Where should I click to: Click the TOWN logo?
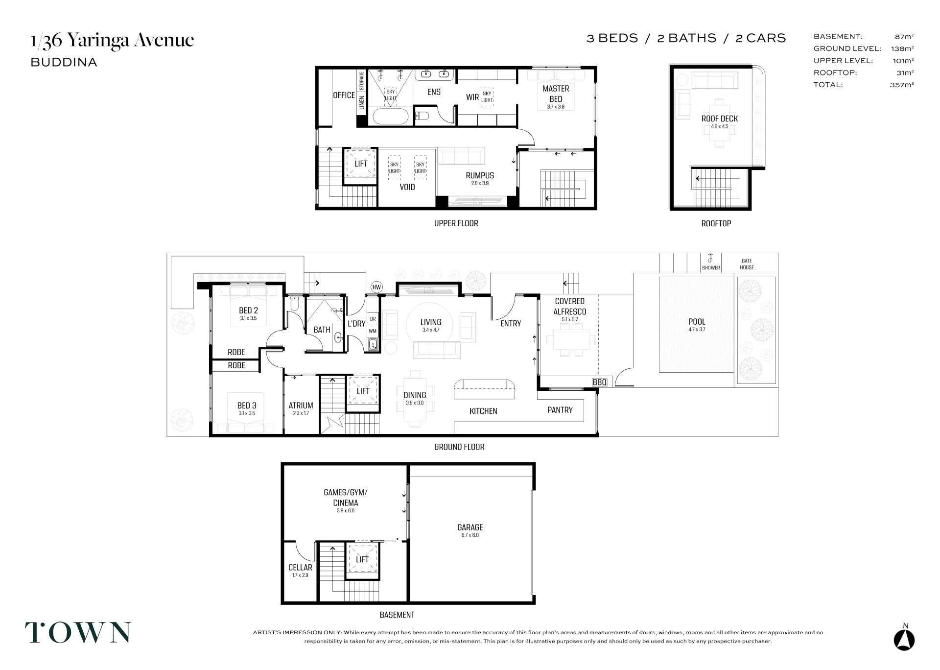click(78, 632)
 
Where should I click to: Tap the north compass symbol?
click(904, 638)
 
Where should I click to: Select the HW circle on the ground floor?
click(376, 287)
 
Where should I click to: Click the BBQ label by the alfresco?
click(599, 382)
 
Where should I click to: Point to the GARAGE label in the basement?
click(470, 527)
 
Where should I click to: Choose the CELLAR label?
click(300, 568)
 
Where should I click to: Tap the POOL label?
click(697, 322)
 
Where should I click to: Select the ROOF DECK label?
click(719, 119)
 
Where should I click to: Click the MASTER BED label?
click(556, 94)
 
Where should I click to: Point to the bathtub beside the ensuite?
click(390, 117)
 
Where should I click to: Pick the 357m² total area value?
click(902, 84)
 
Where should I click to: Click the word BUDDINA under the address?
click(64, 62)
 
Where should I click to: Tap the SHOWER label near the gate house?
click(711, 268)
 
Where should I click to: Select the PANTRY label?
click(560, 410)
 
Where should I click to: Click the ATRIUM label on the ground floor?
click(301, 406)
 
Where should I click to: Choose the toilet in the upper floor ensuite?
click(422, 116)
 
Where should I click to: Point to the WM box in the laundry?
click(372, 331)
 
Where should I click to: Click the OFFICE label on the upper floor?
click(344, 95)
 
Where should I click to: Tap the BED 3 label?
click(247, 406)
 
